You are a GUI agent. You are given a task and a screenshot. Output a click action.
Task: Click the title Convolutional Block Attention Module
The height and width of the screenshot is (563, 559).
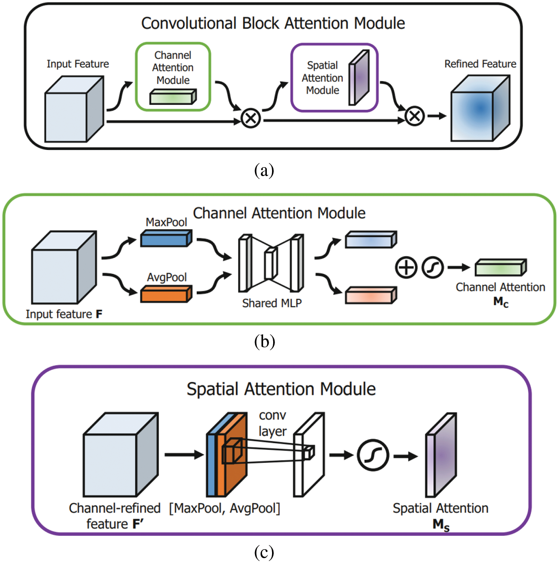273,23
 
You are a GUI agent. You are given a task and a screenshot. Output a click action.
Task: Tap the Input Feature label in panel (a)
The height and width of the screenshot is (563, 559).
78,64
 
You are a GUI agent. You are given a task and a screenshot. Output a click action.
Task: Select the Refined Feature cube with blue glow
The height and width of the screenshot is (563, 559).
480,109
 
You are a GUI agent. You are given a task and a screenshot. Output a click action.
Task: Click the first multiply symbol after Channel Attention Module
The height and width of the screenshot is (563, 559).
250,118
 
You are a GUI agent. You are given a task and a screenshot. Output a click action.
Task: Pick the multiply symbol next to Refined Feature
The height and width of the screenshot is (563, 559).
414,116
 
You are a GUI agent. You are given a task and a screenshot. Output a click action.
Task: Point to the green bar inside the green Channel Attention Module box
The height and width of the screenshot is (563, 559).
173,97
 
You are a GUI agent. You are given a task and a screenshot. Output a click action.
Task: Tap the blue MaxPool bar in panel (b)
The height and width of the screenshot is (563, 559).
166,238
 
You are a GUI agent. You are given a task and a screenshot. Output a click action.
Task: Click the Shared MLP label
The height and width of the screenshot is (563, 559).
272,303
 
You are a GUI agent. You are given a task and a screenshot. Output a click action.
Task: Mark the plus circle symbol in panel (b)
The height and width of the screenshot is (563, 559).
406,267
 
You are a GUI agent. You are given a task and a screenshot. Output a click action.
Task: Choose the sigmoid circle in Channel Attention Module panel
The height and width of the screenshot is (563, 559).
433,267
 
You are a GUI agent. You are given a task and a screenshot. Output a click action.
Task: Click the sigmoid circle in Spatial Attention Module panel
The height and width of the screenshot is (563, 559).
373,455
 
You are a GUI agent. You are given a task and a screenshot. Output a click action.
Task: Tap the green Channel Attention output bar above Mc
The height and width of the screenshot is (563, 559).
500,267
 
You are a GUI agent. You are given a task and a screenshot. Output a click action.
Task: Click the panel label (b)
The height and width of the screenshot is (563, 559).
264,341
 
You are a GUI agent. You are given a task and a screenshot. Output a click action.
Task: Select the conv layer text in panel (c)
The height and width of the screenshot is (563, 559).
272,423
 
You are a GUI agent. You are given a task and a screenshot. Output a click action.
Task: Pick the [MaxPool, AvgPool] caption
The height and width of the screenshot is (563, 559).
224,508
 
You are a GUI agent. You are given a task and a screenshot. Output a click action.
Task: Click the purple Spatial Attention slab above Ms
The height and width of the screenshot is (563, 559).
442,455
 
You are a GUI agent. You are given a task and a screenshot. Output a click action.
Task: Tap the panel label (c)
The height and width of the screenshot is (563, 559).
264,551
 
